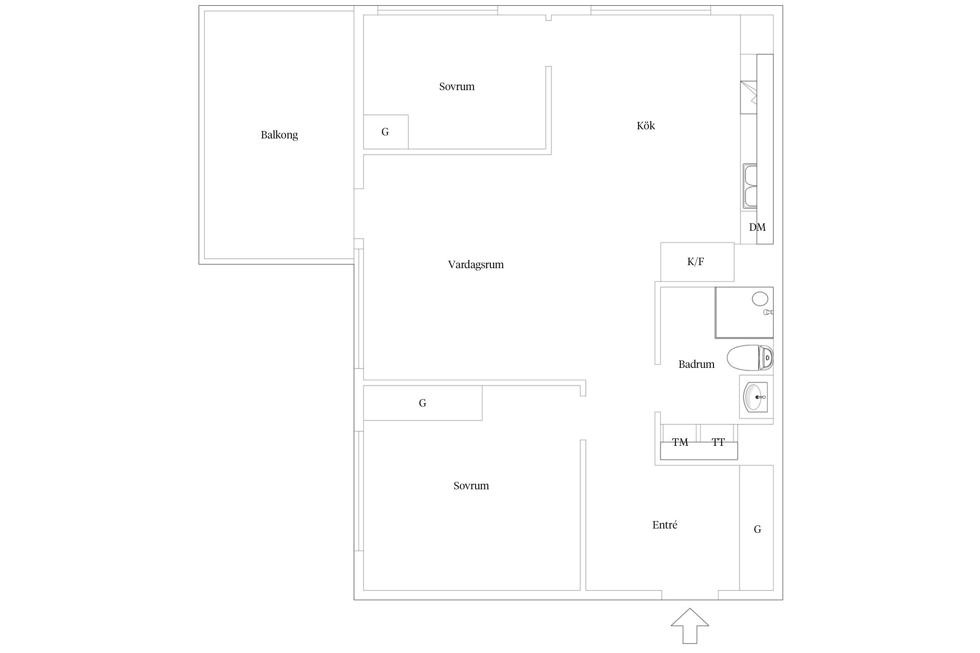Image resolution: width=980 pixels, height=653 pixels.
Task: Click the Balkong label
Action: [279, 135]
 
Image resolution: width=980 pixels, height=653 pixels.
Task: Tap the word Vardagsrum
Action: [476, 264]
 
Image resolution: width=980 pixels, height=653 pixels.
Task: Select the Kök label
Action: [645, 126]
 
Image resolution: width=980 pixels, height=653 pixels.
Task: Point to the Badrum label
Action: [696, 364]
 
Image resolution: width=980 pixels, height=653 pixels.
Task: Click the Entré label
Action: [665, 525]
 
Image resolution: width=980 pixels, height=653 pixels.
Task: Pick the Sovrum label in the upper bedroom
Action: [456, 86]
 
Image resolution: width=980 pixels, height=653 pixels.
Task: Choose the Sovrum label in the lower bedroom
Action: [471, 485]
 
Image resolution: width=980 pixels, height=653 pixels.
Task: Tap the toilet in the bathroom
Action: [750, 358]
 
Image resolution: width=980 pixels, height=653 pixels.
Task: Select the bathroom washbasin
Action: [756, 397]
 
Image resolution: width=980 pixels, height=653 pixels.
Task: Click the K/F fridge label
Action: [695, 262]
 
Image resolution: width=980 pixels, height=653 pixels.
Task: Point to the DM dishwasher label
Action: [757, 227]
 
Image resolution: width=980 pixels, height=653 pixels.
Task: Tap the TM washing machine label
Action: [680, 442]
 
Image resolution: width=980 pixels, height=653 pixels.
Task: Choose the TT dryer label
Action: [718, 442]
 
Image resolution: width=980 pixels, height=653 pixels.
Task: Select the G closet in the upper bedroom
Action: [385, 132]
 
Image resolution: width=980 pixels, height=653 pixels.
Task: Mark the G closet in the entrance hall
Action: [757, 528]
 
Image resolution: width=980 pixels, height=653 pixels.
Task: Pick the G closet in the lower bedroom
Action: [422, 403]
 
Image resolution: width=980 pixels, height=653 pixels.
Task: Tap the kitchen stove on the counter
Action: [749, 98]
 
